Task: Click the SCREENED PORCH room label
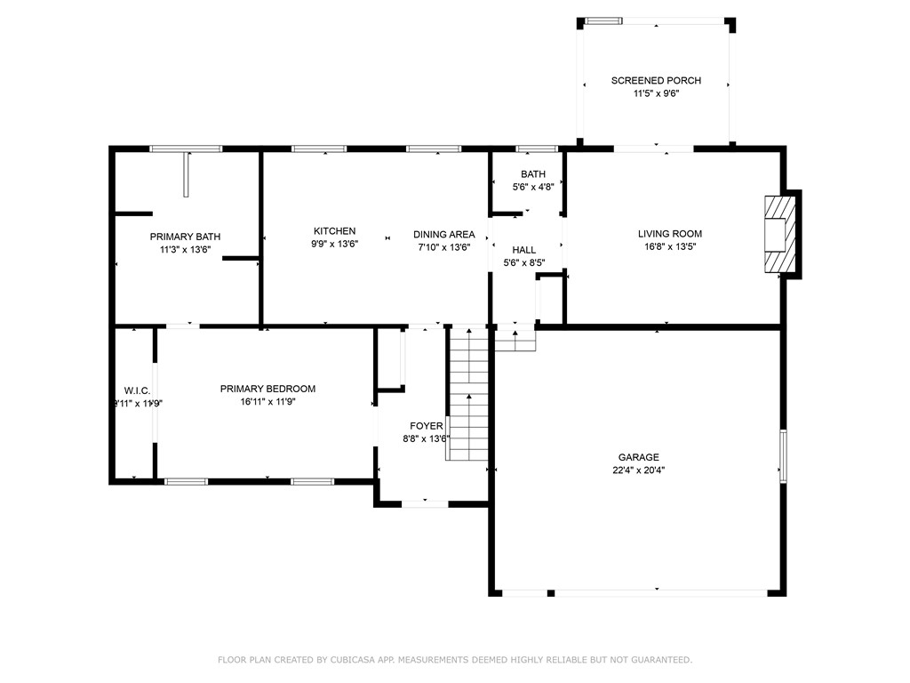(656, 81)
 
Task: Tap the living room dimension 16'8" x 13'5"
(669, 247)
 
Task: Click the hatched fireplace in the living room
(778, 234)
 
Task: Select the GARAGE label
(638, 457)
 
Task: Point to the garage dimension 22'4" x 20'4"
(638, 470)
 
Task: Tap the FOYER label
(426, 426)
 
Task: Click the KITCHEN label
(333, 231)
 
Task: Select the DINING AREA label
(443, 235)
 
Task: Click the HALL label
(523, 250)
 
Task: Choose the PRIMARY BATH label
(185, 237)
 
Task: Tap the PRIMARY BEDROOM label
(267, 389)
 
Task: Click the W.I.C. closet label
(137, 390)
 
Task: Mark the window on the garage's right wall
(783, 456)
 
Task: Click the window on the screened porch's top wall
(603, 20)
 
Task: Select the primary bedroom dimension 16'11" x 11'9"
(267, 402)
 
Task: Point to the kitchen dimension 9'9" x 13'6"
(333, 245)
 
